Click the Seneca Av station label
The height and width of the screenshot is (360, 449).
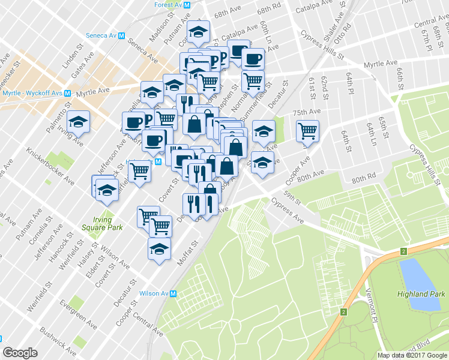(x=104, y=35)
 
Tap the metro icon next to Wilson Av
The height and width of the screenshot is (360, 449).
(x=173, y=293)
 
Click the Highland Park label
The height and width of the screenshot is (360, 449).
(x=421, y=294)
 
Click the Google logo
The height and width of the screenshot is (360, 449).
(x=20, y=353)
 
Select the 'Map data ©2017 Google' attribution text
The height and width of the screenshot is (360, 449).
(x=412, y=355)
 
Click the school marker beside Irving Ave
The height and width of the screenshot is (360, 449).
(x=79, y=122)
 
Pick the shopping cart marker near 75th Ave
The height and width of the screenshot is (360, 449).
(x=307, y=130)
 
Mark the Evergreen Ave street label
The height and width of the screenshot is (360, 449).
(x=77, y=314)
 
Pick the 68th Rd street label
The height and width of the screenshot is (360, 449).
(x=270, y=10)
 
